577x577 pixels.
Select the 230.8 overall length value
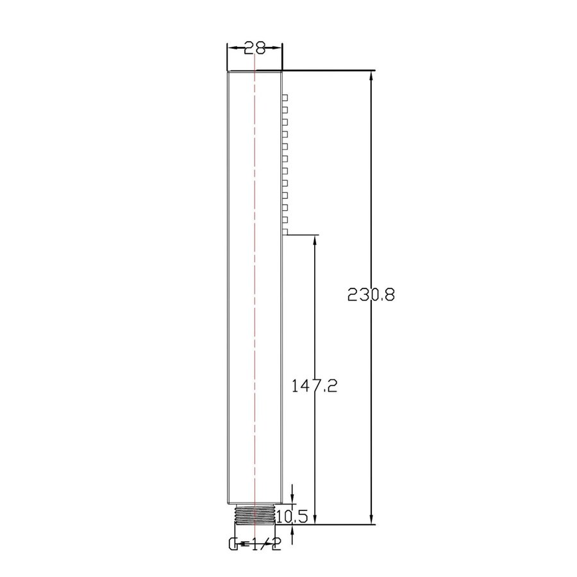tap(371, 294)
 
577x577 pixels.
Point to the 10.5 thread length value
tap(292, 515)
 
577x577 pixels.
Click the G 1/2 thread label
tap(255, 545)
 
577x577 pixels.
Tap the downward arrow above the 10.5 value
tap(292, 499)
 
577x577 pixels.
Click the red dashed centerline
tap(255, 288)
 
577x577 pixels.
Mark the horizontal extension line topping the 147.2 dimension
tap(301, 235)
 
